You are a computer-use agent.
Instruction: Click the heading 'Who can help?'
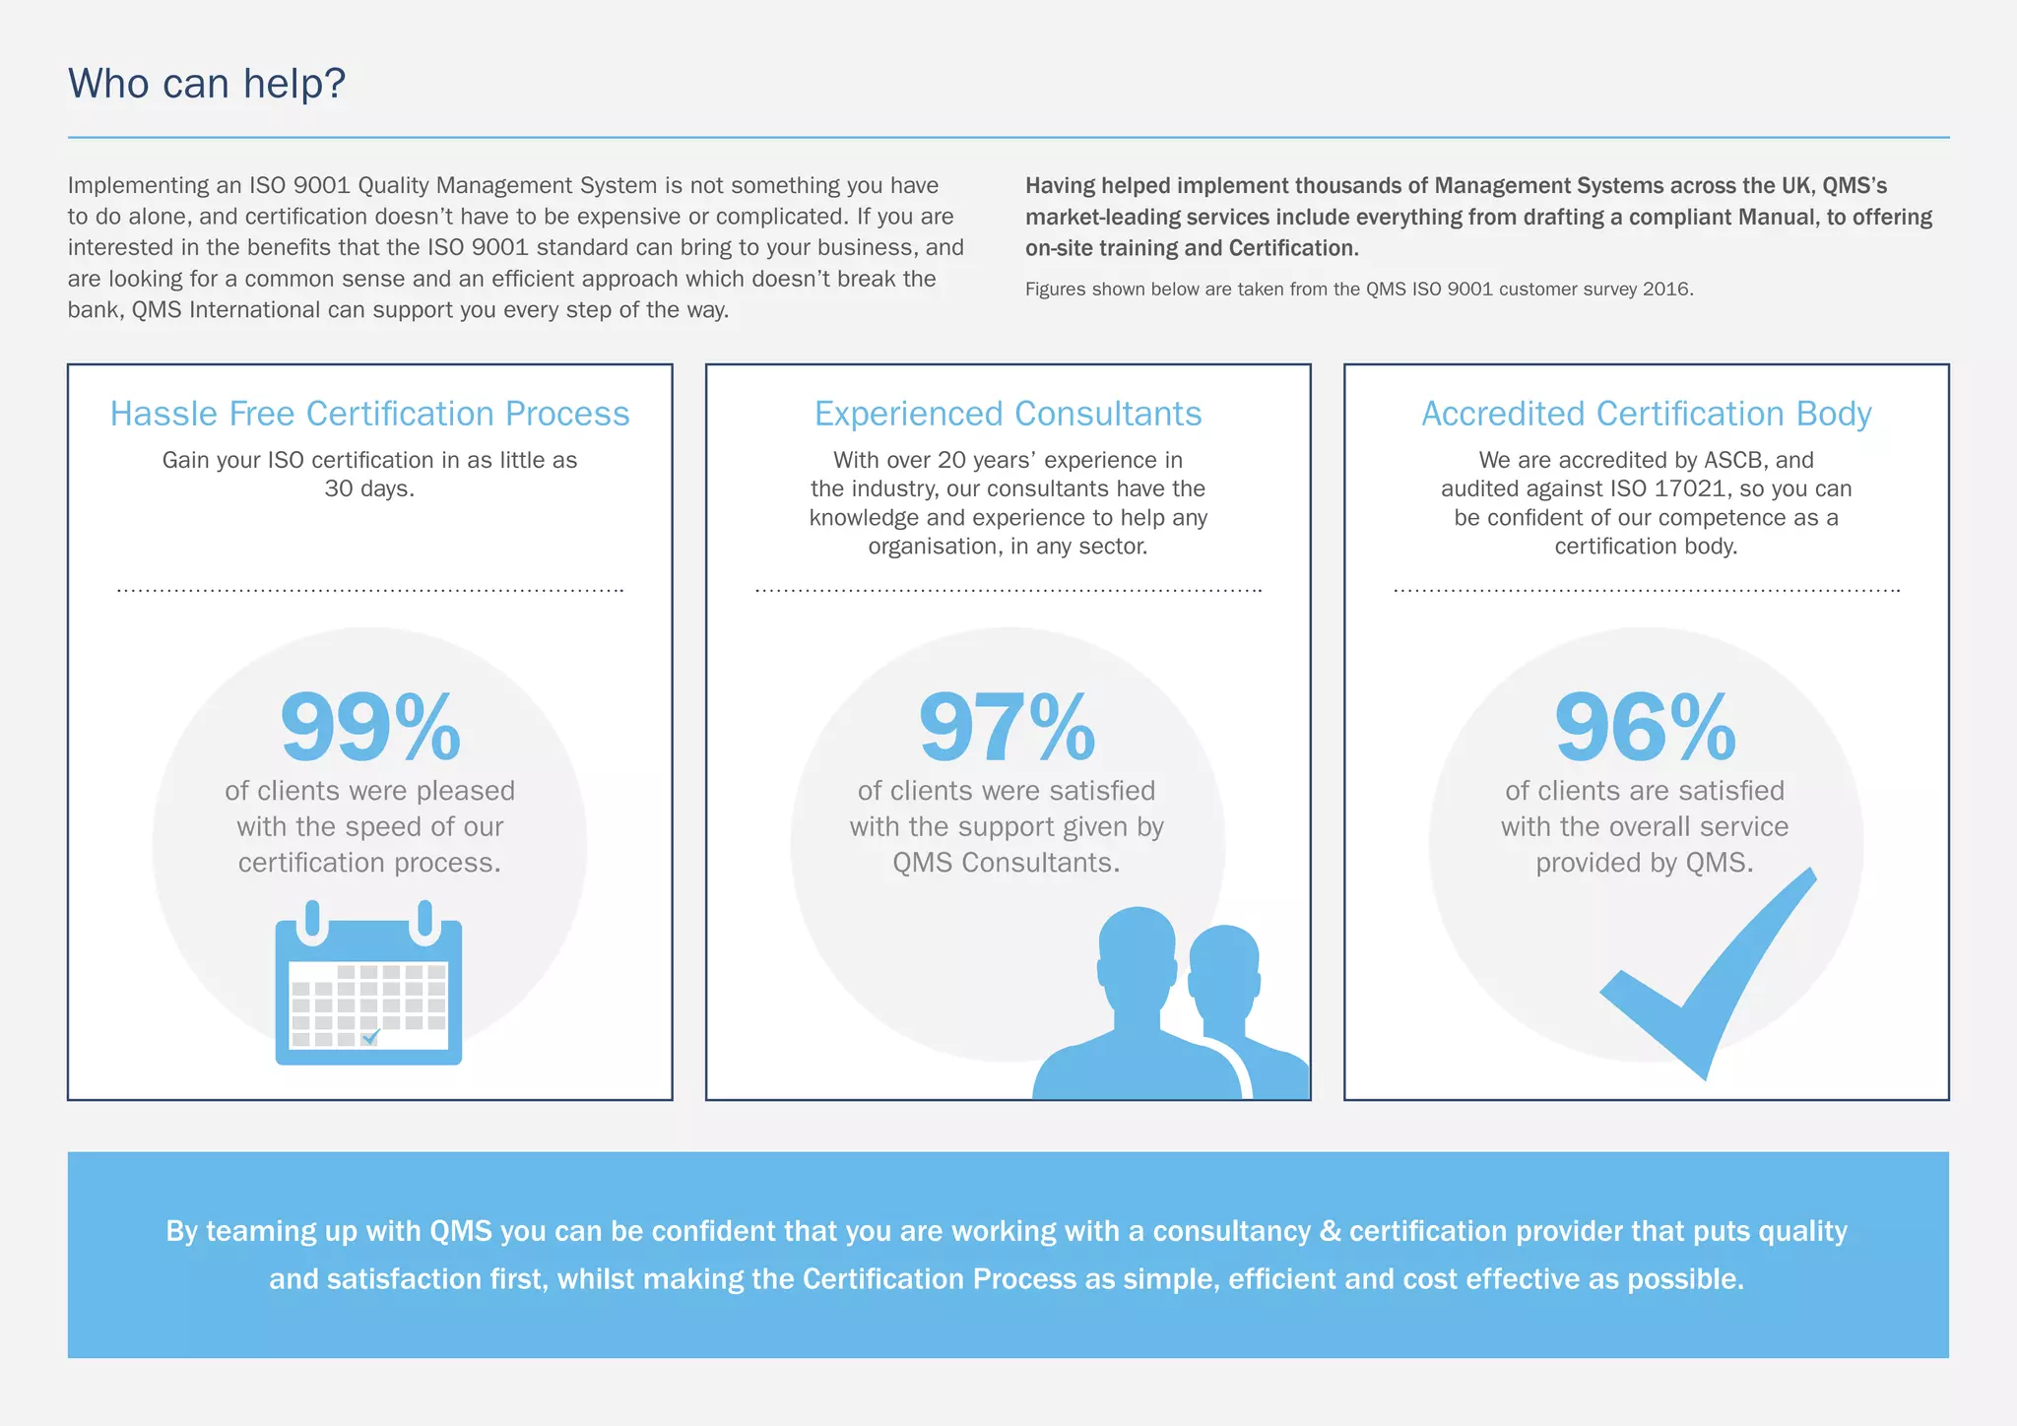tap(207, 84)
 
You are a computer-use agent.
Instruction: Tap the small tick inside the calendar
tap(371, 1037)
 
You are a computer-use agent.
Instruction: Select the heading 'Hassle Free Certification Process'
tap(369, 414)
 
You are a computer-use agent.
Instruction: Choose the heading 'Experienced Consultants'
tap(1008, 414)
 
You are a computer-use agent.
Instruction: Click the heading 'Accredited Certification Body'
tap(1646, 414)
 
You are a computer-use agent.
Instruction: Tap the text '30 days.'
tap(369, 488)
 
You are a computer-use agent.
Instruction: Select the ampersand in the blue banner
tap(1330, 1232)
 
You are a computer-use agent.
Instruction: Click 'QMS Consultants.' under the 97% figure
tap(1007, 863)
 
